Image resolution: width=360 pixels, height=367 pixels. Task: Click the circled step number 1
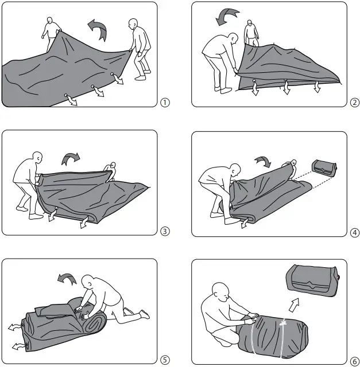coord(165,103)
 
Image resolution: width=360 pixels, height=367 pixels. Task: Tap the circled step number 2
coord(354,103)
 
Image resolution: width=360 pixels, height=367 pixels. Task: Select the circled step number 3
coord(165,232)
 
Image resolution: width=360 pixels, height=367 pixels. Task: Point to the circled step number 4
coord(354,232)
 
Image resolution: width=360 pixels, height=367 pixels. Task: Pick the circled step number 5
coord(165,360)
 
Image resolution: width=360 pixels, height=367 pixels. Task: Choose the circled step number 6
coord(354,360)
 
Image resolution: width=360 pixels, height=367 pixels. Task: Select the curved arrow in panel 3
coord(70,157)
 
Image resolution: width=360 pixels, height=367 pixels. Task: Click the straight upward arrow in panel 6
coord(293,303)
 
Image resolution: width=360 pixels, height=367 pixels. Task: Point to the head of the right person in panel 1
coord(133,25)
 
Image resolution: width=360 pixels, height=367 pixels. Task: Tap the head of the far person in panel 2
coord(250,24)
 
